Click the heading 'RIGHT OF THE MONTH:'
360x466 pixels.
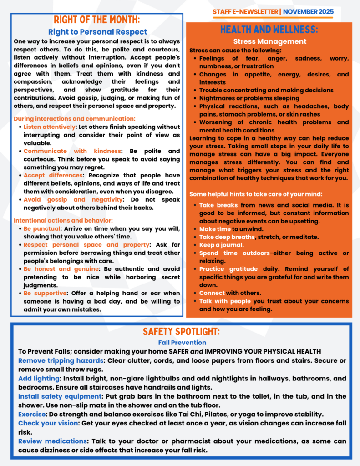click(x=97, y=20)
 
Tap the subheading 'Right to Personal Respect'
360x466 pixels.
click(x=97, y=32)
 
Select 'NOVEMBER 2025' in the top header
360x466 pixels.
click(x=308, y=11)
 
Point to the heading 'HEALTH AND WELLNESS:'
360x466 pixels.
click(x=269, y=30)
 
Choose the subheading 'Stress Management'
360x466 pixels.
click(x=269, y=41)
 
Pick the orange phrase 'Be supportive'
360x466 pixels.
click(x=45, y=293)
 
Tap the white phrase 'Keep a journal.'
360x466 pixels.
click(x=221, y=245)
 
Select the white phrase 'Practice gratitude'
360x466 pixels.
click(x=228, y=269)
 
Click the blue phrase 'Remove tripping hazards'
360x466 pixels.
click(x=61, y=360)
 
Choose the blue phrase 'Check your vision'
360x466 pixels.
click(x=47, y=423)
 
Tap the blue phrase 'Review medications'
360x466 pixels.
click(x=52, y=441)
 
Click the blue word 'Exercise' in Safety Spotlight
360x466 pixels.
click(x=31, y=414)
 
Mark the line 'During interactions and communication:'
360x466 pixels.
click(x=75, y=118)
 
